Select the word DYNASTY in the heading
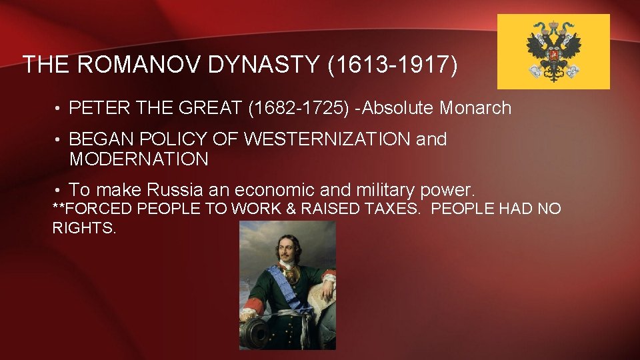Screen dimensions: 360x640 click(261, 65)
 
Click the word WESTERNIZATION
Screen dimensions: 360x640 click(327, 139)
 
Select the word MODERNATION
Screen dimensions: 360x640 click(139, 159)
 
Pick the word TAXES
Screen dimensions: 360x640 click(393, 209)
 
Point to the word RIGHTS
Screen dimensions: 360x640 click(85, 228)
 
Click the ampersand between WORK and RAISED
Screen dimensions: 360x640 click(291, 209)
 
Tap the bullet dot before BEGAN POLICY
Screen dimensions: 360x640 click(58, 140)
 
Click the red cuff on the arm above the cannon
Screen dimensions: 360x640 click(252, 307)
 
